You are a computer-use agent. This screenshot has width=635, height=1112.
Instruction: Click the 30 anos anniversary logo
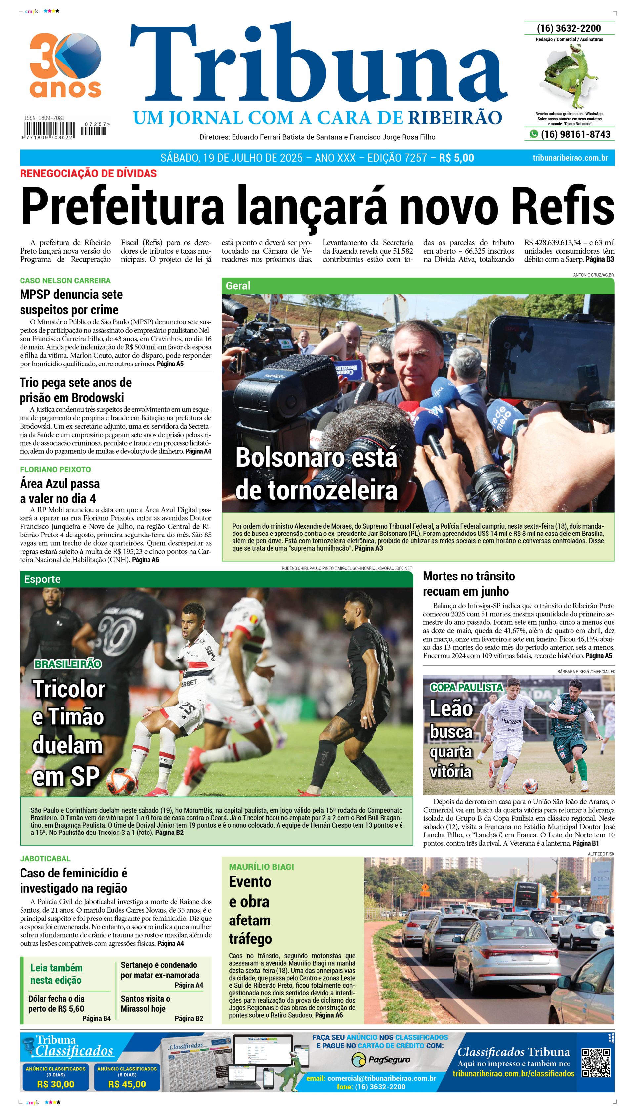point(65,65)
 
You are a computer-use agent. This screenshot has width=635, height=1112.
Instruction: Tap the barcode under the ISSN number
point(49,130)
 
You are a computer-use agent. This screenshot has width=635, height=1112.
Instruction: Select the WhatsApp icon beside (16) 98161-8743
point(534,134)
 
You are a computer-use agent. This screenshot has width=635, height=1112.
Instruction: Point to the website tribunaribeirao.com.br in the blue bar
point(570,158)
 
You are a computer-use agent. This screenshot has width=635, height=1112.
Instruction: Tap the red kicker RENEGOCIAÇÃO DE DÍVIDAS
point(89,174)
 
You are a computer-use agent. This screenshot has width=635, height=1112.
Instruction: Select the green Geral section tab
point(238,286)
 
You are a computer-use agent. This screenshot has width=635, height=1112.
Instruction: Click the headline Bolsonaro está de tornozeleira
point(316,474)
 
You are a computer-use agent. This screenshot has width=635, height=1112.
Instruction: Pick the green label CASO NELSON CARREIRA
point(65,281)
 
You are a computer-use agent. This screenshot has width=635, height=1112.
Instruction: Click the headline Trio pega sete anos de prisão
point(75,390)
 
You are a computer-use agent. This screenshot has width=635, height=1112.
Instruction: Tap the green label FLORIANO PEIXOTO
point(55,470)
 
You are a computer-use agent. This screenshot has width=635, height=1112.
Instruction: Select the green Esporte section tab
point(42,579)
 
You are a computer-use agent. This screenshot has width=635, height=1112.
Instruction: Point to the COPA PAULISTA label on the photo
point(466,687)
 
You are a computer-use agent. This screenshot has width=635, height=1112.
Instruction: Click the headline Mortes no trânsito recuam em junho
point(469,583)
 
